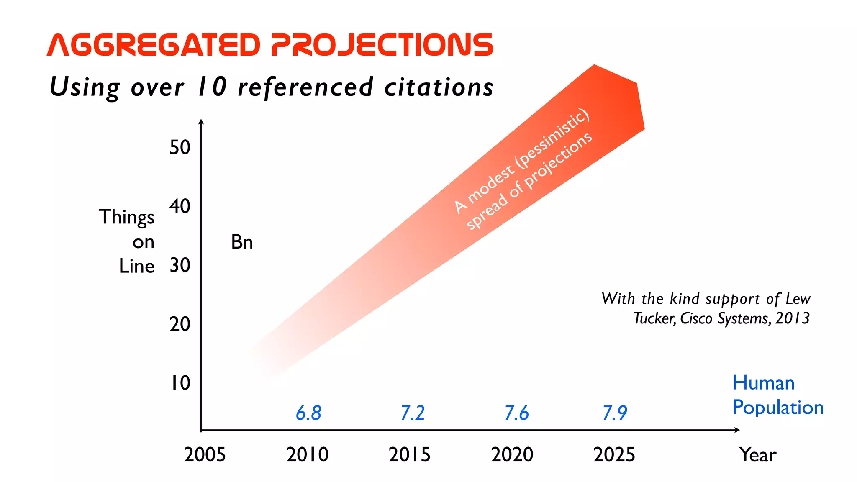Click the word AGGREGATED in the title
[154, 45]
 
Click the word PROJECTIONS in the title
[382, 45]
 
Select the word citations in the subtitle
[439, 87]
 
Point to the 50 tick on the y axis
[180, 148]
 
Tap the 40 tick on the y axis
[180, 207]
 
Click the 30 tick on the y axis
[180, 266]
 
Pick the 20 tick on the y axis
[180, 325]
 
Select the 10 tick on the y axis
[180, 383]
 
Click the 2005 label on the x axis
[205, 455]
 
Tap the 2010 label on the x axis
[307, 455]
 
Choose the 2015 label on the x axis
[409, 455]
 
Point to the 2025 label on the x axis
[614, 455]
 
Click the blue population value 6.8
[308, 413]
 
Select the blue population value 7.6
[516, 413]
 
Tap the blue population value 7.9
[614, 413]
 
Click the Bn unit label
[242, 242]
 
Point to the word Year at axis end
[757, 455]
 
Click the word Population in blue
[778, 408]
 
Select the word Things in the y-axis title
[126, 218]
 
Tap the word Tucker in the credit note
[654, 318]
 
